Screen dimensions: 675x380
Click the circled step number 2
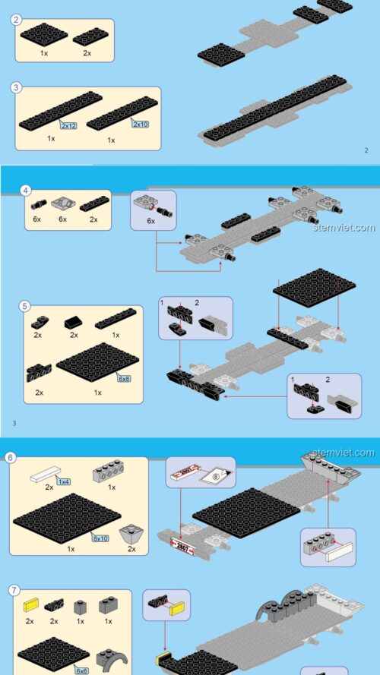pyautogui.click(x=16, y=20)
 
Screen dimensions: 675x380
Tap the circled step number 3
pyautogui.click(x=16, y=87)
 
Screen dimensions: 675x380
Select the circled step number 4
pyautogui.click(x=25, y=190)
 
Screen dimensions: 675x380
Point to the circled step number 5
pyautogui.click(x=25, y=307)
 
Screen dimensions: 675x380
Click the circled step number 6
pyautogui.click(x=11, y=458)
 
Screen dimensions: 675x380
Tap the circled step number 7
pyautogui.click(x=14, y=590)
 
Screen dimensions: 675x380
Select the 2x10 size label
pyautogui.click(x=141, y=123)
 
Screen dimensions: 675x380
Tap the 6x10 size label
pyautogui.click(x=101, y=538)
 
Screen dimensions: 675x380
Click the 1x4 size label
pyautogui.click(x=63, y=481)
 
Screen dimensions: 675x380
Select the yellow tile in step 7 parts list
pyautogui.click(x=30, y=605)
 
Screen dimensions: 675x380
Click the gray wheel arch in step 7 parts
pyautogui.click(x=108, y=657)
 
